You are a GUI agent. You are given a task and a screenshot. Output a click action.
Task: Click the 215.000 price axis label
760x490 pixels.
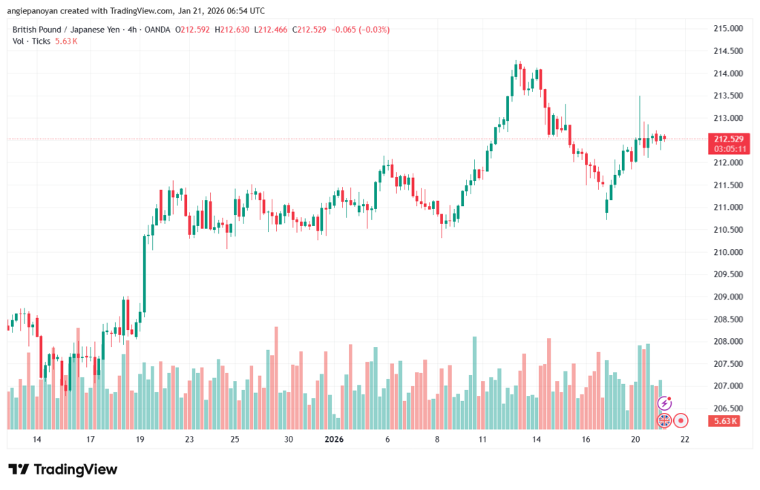pos(727,29)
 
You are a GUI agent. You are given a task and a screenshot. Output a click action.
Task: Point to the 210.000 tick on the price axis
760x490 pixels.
pos(727,252)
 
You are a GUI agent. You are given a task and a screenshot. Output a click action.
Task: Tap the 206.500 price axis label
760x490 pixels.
pos(727,408)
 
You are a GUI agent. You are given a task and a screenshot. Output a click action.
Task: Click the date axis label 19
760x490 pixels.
pos(140,439)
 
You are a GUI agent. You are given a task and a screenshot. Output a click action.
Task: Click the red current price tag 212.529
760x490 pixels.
pos(729,139)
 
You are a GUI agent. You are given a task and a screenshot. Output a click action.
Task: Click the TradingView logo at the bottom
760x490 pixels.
pos(62,469)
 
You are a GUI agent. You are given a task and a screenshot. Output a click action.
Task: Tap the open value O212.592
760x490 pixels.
pos(191,30)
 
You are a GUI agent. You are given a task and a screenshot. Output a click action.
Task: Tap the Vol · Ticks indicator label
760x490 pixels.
pos(31,42)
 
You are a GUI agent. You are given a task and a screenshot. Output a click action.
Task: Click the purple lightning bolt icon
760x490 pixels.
pos(665,403)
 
